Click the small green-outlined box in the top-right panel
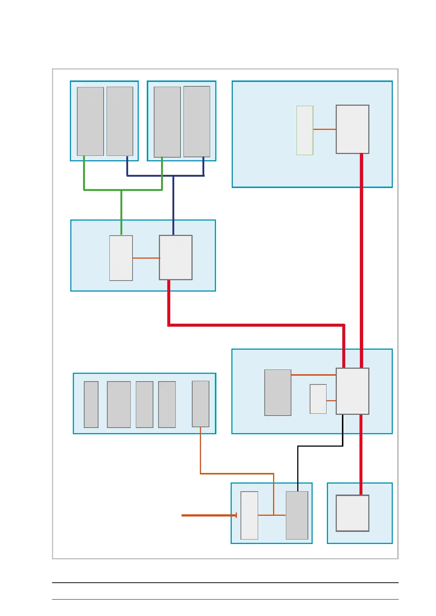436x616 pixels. point(305,130)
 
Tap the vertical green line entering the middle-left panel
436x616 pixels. point(121,212)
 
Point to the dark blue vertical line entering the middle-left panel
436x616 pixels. point(173,205)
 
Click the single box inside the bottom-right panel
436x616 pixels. point(352,513)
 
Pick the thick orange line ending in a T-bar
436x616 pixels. point(209,515)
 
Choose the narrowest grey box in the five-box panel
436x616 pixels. point(91,404)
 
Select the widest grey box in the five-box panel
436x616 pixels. point(119,404)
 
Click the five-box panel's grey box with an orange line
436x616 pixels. point(201,403)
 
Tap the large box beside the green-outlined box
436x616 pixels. point(352,129)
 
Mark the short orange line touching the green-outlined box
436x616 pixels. point(324,129)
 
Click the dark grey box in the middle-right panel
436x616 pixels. point(278,392)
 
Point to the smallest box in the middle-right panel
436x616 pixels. point(318,399)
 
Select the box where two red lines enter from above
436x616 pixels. point(352,391)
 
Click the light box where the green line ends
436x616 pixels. point(121,258)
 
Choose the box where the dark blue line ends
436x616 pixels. point(176,258)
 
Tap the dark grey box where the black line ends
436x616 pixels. point(297,515)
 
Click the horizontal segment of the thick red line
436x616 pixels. point(256,325)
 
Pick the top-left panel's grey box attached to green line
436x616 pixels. point(90,121)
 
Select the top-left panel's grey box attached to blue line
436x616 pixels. point(120,121)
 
